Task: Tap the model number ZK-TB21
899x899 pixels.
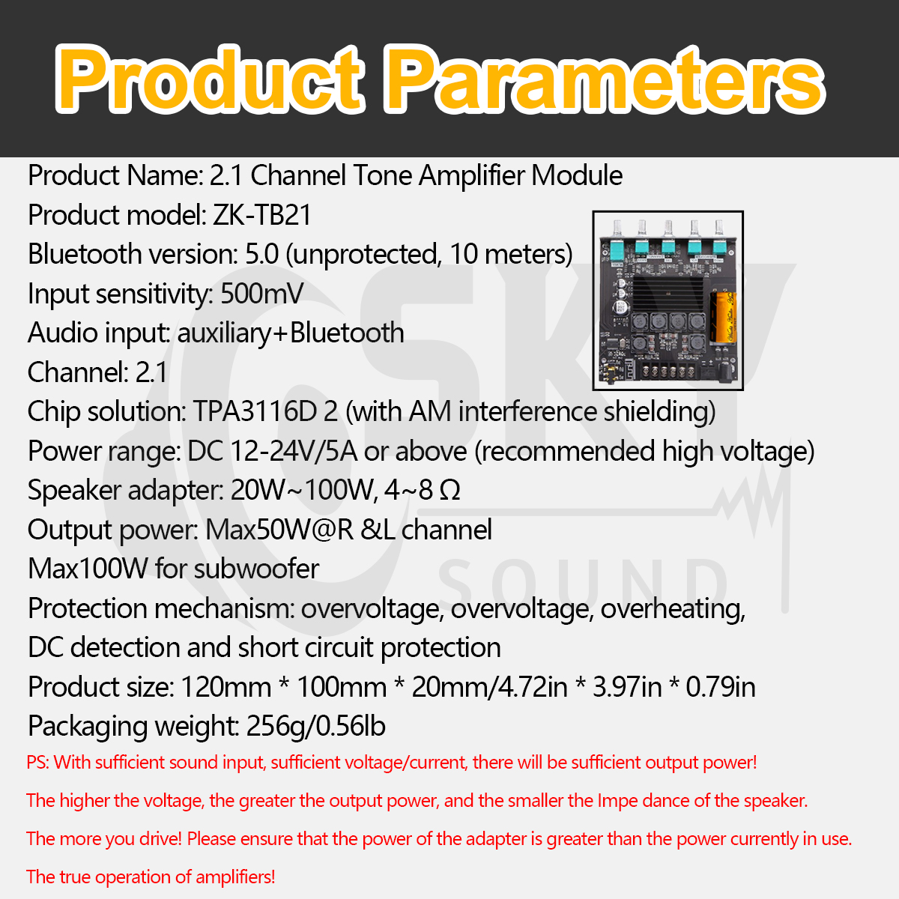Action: click(x=262, y=215)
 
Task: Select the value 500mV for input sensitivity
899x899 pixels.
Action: click(x=261, y=294)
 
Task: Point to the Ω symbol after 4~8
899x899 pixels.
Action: click(x=449, y=491)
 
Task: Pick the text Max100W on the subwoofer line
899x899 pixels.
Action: click(x=88, y=569)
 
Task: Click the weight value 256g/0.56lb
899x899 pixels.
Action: click(x=316, y=726)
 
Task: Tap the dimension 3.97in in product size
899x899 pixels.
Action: click(x=627, y=687)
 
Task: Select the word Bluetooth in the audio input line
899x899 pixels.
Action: click(x=347, y=333)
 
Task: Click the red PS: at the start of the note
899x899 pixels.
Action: click(x=37, y=763)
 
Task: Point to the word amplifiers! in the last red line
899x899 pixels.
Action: click(x=235, y=877)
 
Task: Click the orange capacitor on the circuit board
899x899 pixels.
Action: click(x=722, y=316)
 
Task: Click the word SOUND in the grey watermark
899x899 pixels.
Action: click(x=582, y=582)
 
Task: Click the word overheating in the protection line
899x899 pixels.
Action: click(x=673, y=608)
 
